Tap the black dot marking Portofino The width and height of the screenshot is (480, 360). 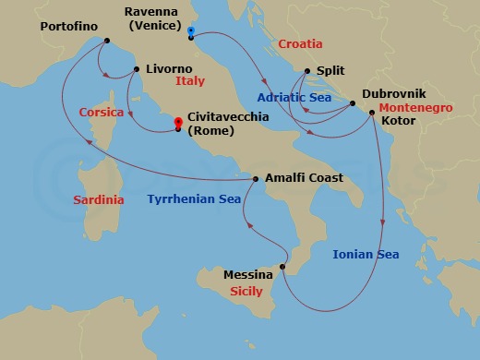tap(107, 42)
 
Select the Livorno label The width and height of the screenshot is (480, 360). tap(169, 69)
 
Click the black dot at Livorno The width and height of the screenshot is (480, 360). tap(136, 69)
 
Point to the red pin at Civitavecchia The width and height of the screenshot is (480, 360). tap(178, 122)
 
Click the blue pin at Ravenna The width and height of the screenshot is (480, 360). tap(190, 30)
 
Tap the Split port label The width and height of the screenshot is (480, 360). tap(330, 69)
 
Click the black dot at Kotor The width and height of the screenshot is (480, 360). tap(371, 113)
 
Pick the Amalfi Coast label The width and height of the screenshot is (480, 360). tap(304, 178)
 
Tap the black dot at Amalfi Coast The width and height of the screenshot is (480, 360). tap(256, 179)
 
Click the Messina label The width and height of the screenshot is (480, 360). tap(248, 274)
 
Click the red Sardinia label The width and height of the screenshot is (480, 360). tap(101, 199)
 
